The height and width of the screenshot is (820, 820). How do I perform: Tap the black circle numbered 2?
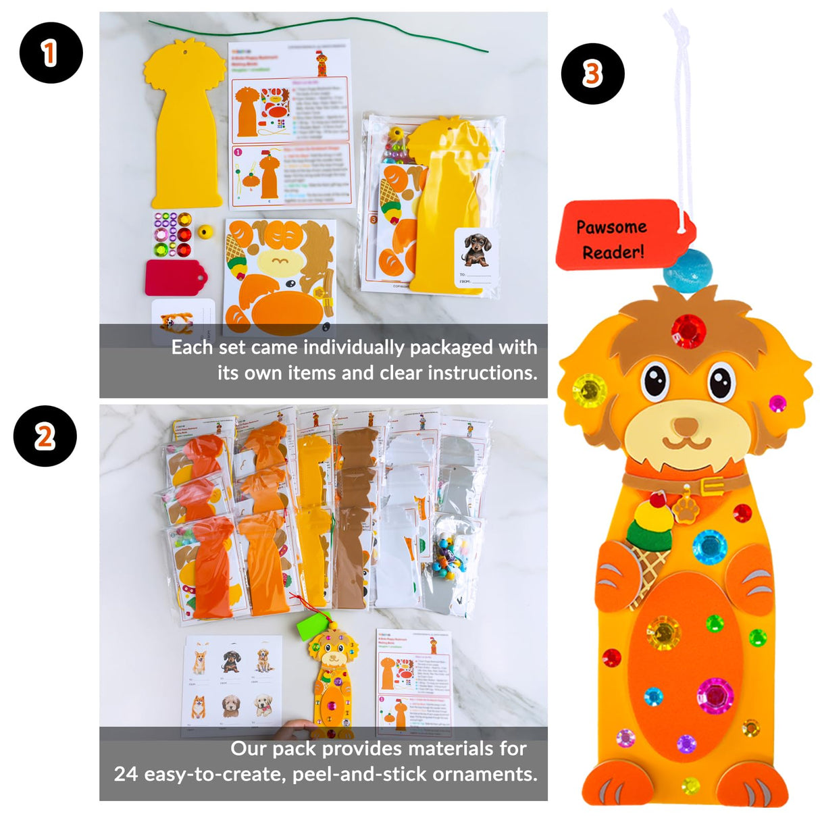point(45,436)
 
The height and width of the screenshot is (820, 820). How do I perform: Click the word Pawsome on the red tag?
point(611,227)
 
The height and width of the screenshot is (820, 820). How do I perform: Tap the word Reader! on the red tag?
point(613,253)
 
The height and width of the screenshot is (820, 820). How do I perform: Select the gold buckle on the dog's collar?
point(711,485)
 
